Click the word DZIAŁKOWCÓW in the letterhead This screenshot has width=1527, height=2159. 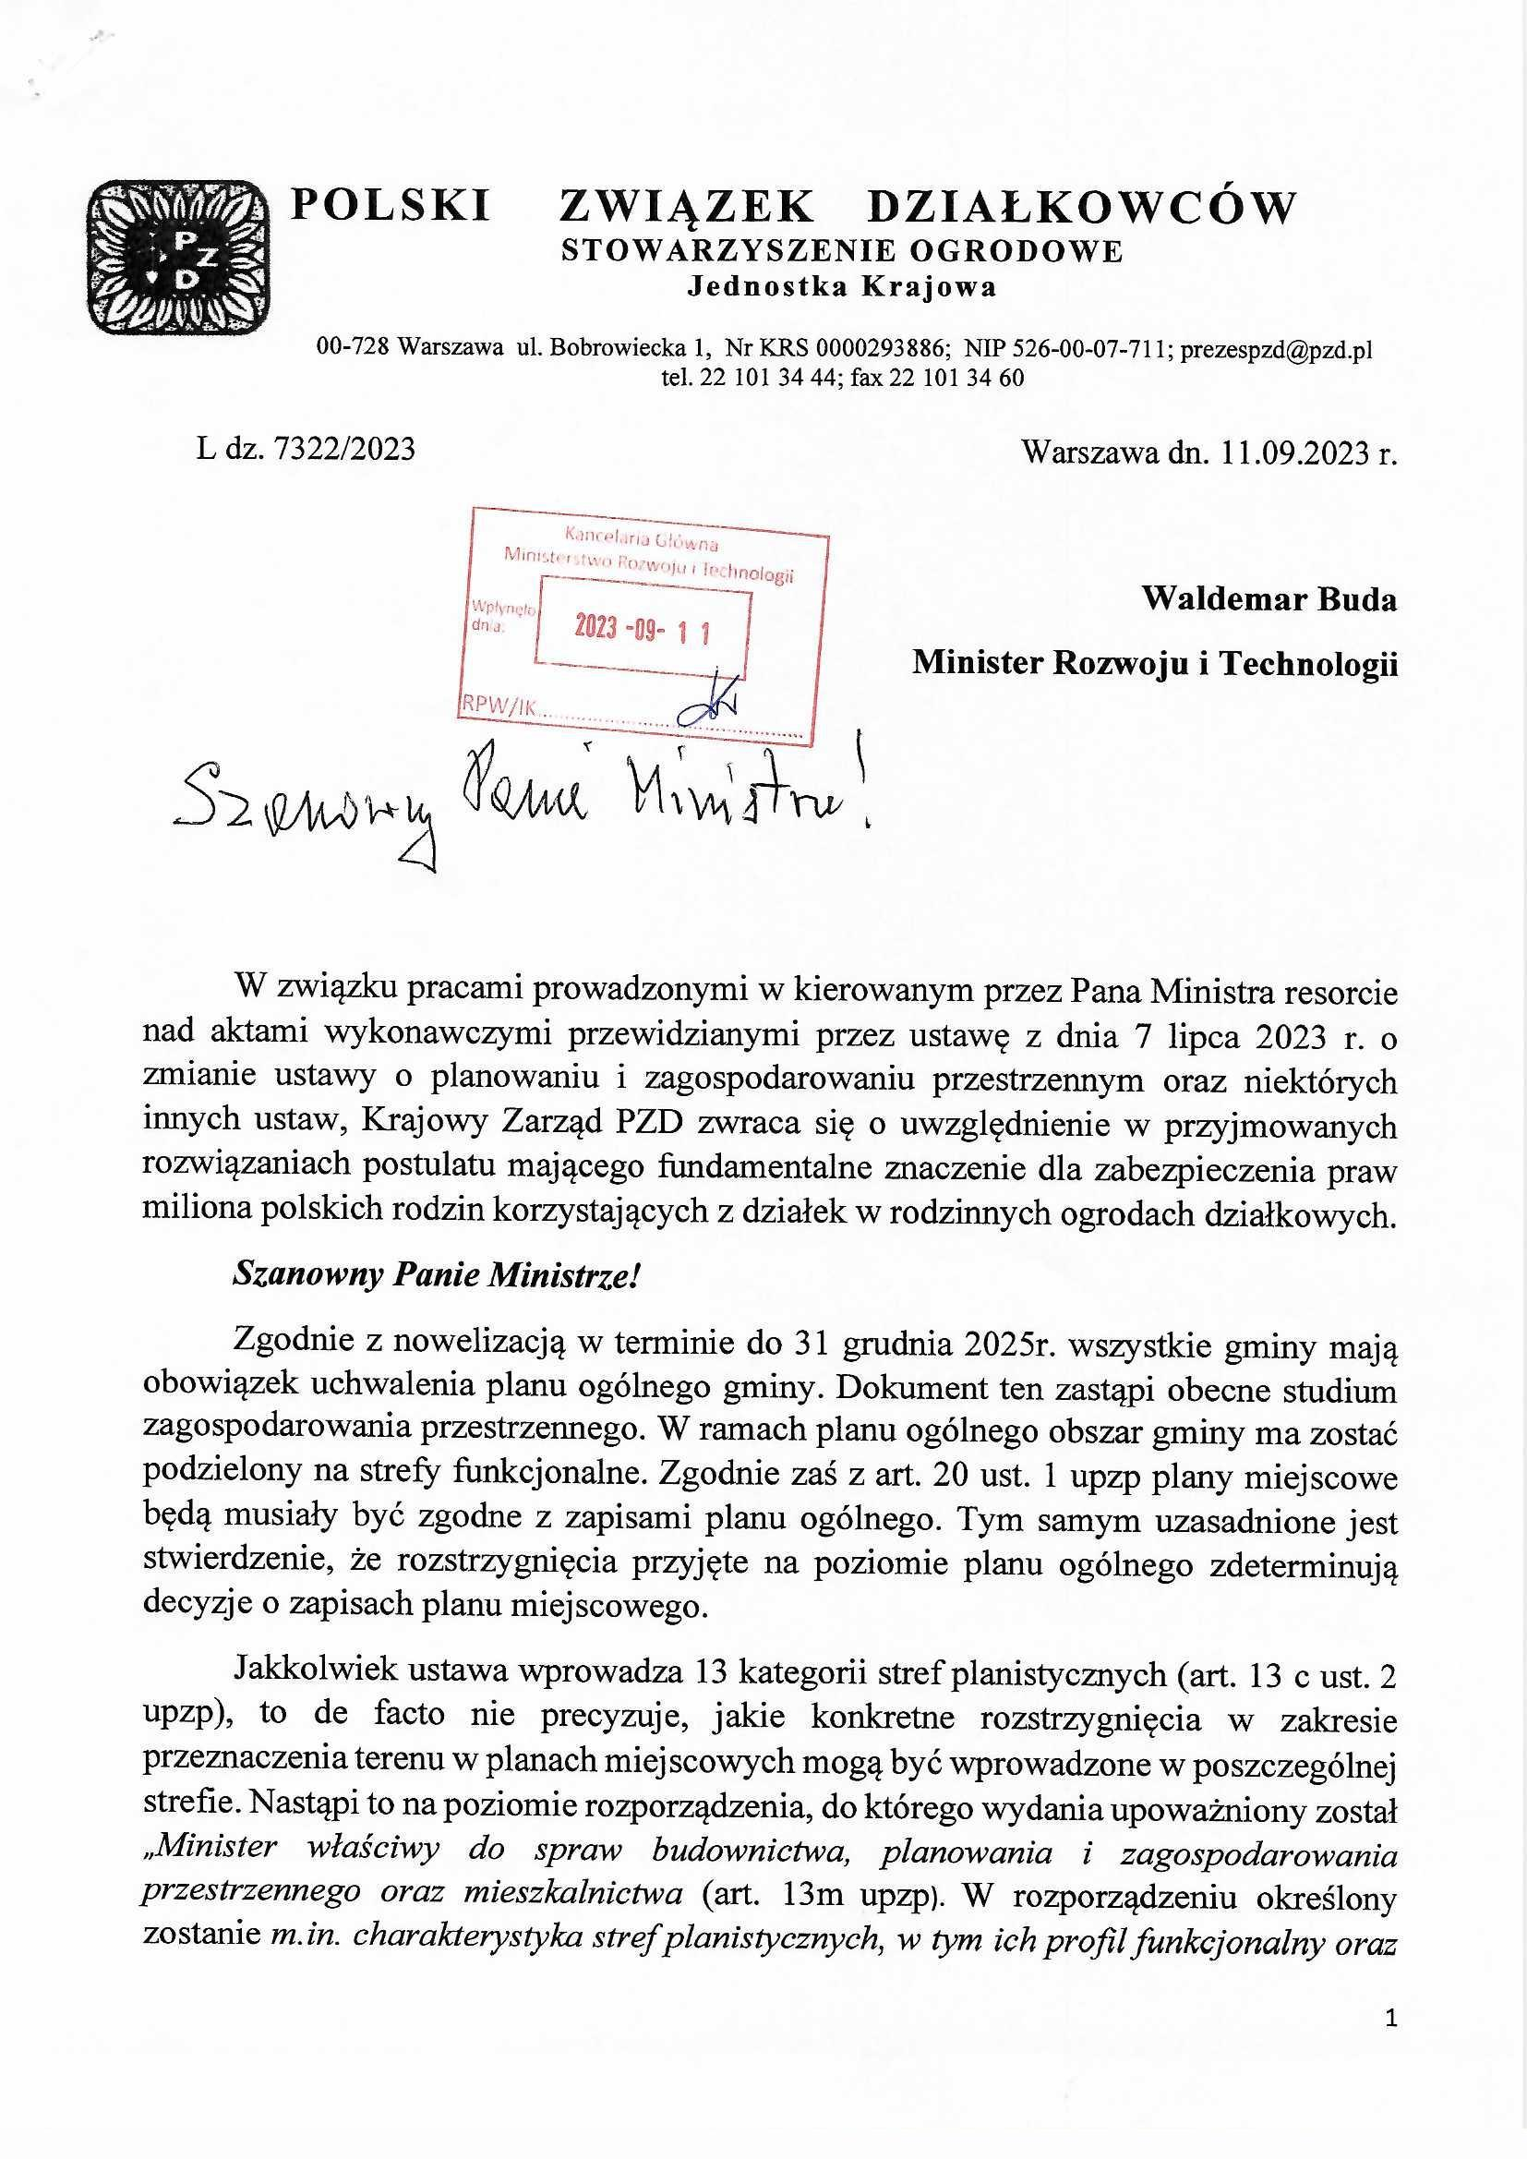1081,206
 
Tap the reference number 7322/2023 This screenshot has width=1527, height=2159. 343,450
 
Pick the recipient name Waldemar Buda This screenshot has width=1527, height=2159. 1268,599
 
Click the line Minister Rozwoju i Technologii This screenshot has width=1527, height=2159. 1155,664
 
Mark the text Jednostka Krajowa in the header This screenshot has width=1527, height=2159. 842,287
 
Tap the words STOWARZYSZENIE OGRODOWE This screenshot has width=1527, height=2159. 842,251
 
